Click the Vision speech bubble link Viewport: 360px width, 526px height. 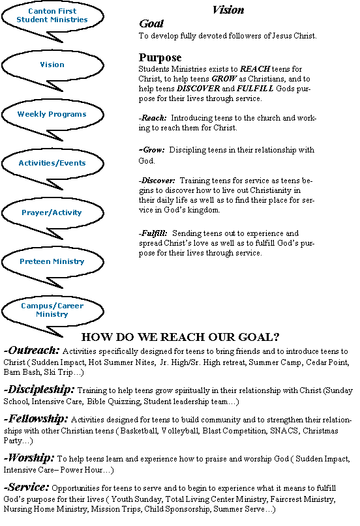coord(52,65)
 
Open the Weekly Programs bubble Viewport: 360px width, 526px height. coord(52,114)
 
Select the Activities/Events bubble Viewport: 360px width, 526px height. coord(52,163)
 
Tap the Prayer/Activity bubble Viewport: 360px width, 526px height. coord(52,212)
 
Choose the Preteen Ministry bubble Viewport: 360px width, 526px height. coord(52,261)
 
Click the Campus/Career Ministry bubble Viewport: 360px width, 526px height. coord(52,310)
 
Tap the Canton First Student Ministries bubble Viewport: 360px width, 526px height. coord(52,16)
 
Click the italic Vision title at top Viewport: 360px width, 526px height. coord(228,10)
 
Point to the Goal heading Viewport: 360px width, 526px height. coord(151,23)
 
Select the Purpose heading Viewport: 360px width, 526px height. coord(160,57)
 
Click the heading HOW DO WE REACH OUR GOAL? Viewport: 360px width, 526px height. coord(180,337)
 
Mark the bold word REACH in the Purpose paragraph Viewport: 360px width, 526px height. coord(255,69)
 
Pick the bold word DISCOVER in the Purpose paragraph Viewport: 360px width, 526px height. coord(198,89)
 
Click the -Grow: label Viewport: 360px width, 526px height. coord(152,150)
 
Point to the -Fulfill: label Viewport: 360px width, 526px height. coord(153,233)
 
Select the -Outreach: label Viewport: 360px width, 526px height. coord(31,350)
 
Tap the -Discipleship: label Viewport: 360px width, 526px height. coord(39,390)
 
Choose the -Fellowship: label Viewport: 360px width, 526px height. coord(36,418)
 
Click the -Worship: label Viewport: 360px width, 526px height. coord(29,458)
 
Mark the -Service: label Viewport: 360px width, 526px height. coord(27,487)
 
